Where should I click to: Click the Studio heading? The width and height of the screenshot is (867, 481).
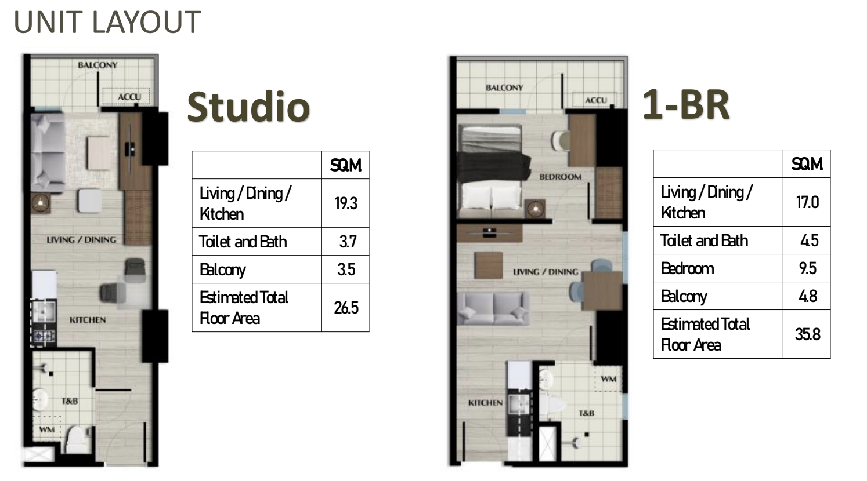[248, 107]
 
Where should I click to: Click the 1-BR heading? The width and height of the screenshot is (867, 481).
[686, 104]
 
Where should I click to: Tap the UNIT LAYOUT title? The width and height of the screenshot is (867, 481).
[107, 22]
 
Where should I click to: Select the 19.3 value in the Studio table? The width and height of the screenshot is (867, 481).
[346, 203]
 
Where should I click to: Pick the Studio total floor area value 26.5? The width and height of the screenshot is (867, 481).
[346, 308]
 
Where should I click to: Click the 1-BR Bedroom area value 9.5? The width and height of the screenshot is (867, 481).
[807, 268]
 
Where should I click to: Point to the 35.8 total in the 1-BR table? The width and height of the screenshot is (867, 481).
[807, 334]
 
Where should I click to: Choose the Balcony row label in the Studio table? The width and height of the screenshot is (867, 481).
[223, 270]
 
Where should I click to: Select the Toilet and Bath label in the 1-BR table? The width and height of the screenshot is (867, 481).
[704, 240]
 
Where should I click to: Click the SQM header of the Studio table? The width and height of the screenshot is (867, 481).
[346, 166]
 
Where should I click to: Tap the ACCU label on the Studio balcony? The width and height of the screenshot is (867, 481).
[129, 96]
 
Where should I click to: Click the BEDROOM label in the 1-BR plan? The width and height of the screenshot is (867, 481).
[561, 177]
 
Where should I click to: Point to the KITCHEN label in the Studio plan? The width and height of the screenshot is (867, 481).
[88, 320]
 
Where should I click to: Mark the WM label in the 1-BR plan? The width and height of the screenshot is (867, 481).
[608, 379]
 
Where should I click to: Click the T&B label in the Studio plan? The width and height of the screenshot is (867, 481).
[70, 401]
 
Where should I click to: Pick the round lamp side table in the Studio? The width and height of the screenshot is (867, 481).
[40, 202]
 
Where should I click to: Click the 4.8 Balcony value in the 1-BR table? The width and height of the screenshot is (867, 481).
[808, 296]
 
